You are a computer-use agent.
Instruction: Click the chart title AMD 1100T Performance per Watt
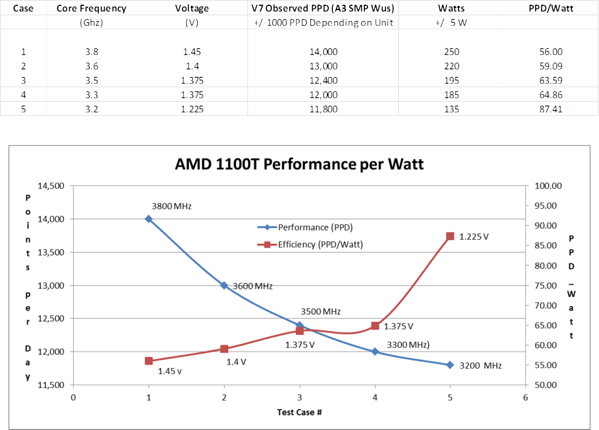pos(299,164)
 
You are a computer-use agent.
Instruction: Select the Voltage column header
pos(192,8)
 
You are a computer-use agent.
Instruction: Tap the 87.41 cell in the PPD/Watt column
pos(550,109)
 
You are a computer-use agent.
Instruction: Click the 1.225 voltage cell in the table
pos(192,109)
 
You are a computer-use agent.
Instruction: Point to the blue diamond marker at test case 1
pos(149,219)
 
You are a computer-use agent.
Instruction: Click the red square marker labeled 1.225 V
pos(450,236)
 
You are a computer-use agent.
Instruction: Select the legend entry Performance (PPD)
pos(315,227)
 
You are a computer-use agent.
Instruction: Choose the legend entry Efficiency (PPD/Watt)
pos(320,245)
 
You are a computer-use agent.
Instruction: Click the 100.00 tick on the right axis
pos(548,186)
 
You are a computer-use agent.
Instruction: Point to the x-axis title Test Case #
pos(299,412)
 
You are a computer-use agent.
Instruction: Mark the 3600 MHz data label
pos(253,286)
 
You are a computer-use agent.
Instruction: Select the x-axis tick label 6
pos(525,398)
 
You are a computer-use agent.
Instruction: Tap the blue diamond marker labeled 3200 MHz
pos(450,365)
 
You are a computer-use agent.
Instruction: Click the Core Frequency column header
pos(91,8)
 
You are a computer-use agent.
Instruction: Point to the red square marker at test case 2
pos(224,349)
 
